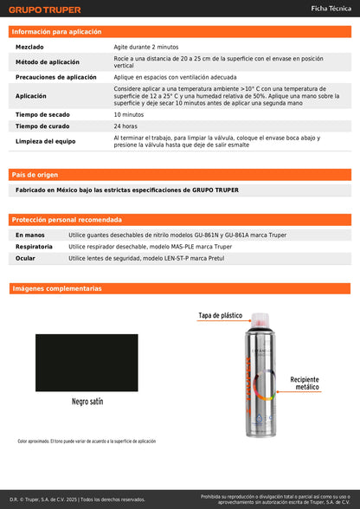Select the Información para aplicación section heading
pos(56,31)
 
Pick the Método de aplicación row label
pos(47,63)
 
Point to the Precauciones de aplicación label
pos(56,77)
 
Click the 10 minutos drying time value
pos(129,114)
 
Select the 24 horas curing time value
pos(125,126)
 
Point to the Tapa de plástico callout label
pos(221,316)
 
